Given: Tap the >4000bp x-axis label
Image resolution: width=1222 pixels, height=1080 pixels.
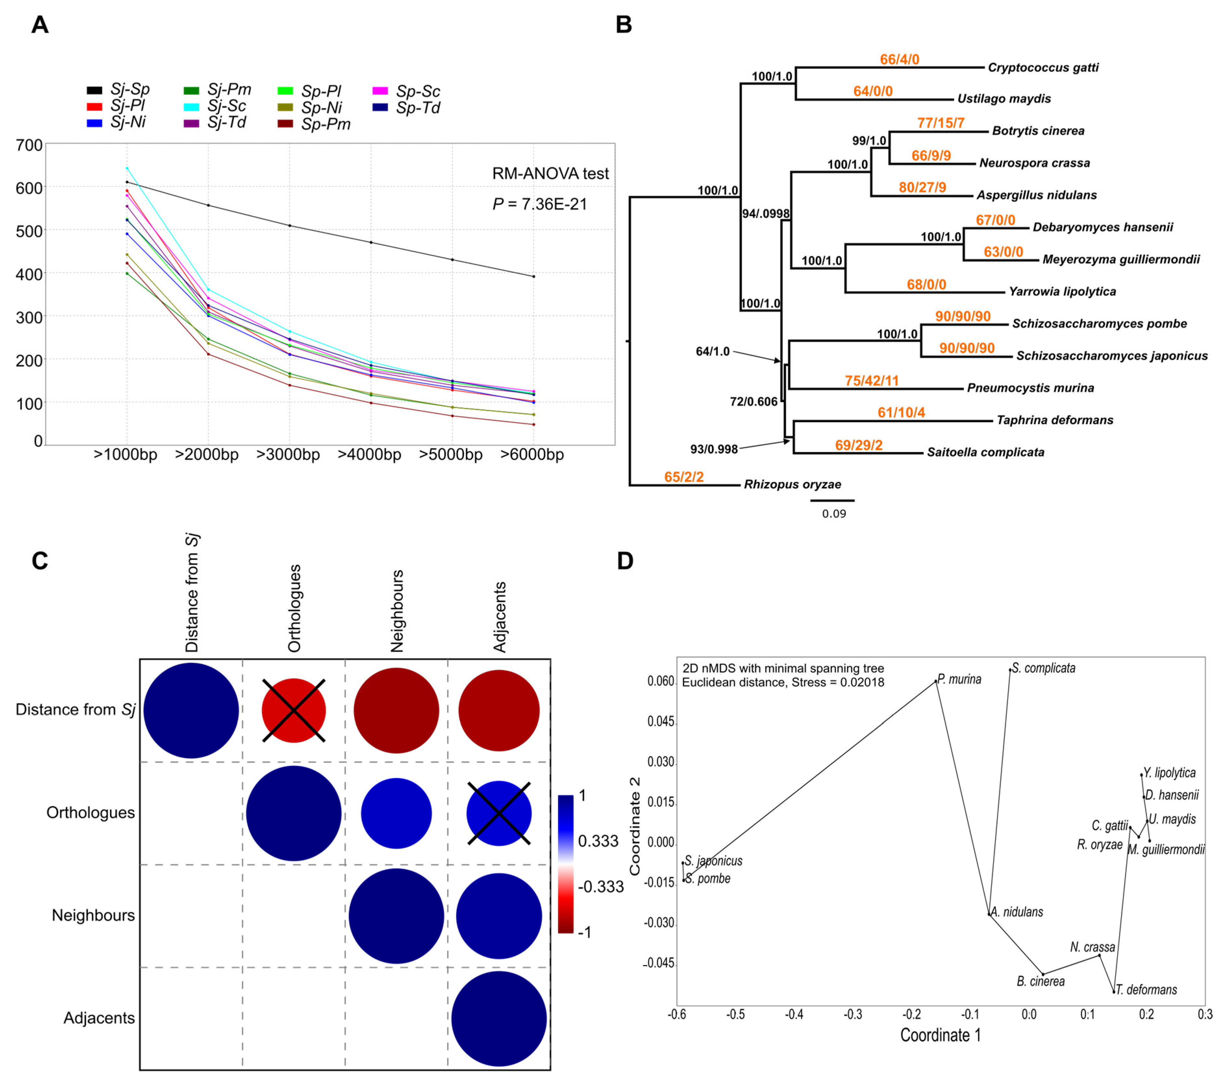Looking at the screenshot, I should tap(369, 455).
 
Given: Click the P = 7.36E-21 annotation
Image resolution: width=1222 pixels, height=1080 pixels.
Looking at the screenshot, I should tap(539, 204).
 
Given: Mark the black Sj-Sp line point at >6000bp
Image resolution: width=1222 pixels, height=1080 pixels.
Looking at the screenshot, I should tap(533, 276).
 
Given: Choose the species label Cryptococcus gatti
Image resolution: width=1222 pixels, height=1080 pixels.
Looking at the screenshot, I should tap(1043, 67).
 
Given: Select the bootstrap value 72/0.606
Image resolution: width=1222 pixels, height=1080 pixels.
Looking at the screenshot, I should tap(753, 402).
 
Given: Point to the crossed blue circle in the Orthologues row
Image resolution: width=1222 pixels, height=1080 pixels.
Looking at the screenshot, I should tap(499, 814).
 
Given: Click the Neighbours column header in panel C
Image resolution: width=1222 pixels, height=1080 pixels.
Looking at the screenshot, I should tap(396, 611).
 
